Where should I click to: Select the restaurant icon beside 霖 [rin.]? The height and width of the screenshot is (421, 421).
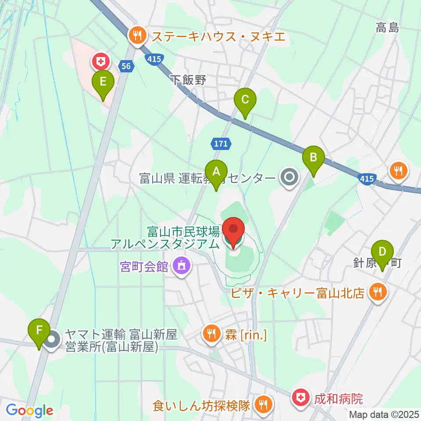pos(211,335)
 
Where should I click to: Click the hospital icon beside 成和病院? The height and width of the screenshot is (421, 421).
pos(301,398)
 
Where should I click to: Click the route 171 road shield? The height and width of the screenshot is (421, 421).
pos(220,143)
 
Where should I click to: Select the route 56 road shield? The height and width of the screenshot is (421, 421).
pos(126,66)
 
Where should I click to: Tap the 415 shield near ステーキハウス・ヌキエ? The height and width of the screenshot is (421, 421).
pos(153,59)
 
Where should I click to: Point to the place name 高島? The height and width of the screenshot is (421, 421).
pos(387,29)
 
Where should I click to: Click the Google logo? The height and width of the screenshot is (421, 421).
pos(30,410)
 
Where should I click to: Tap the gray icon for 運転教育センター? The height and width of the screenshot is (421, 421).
pos(289,178)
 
